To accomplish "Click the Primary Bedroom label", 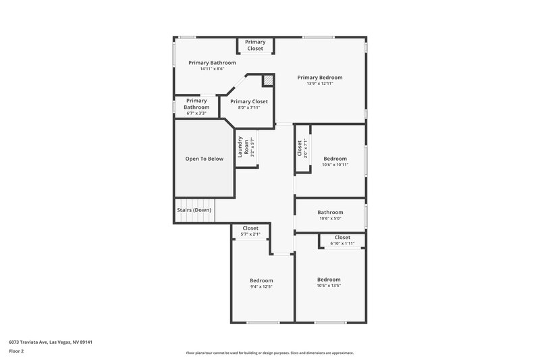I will point(320,77).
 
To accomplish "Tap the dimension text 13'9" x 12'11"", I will point(320,84).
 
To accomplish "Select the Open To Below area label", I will point(205,159).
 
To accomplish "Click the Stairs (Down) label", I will point(194,210).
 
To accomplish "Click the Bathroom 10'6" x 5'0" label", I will point(331,212).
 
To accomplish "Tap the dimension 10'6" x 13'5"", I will point(329,286).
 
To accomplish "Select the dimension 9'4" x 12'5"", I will point(261,286).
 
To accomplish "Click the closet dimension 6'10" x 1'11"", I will point(342,243).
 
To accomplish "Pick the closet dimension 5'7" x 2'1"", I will point(250,234).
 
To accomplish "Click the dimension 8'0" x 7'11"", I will point(249,107).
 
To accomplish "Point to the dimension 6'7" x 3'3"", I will point(196,113).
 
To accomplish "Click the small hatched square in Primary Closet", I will point(268,80).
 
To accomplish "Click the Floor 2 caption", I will point(16,351).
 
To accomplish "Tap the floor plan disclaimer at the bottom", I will point(269,353).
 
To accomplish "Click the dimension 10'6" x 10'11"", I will point(335,165).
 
